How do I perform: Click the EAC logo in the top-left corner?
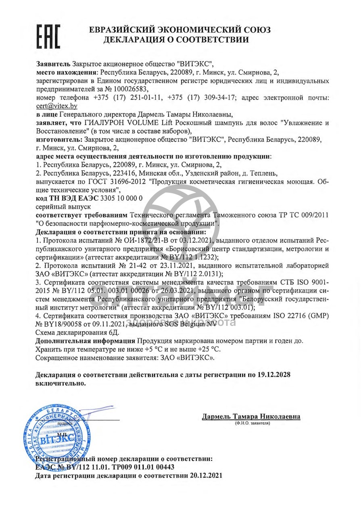(48, 36)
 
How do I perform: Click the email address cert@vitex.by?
(56, 106)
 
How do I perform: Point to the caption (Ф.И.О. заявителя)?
(251, 423)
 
